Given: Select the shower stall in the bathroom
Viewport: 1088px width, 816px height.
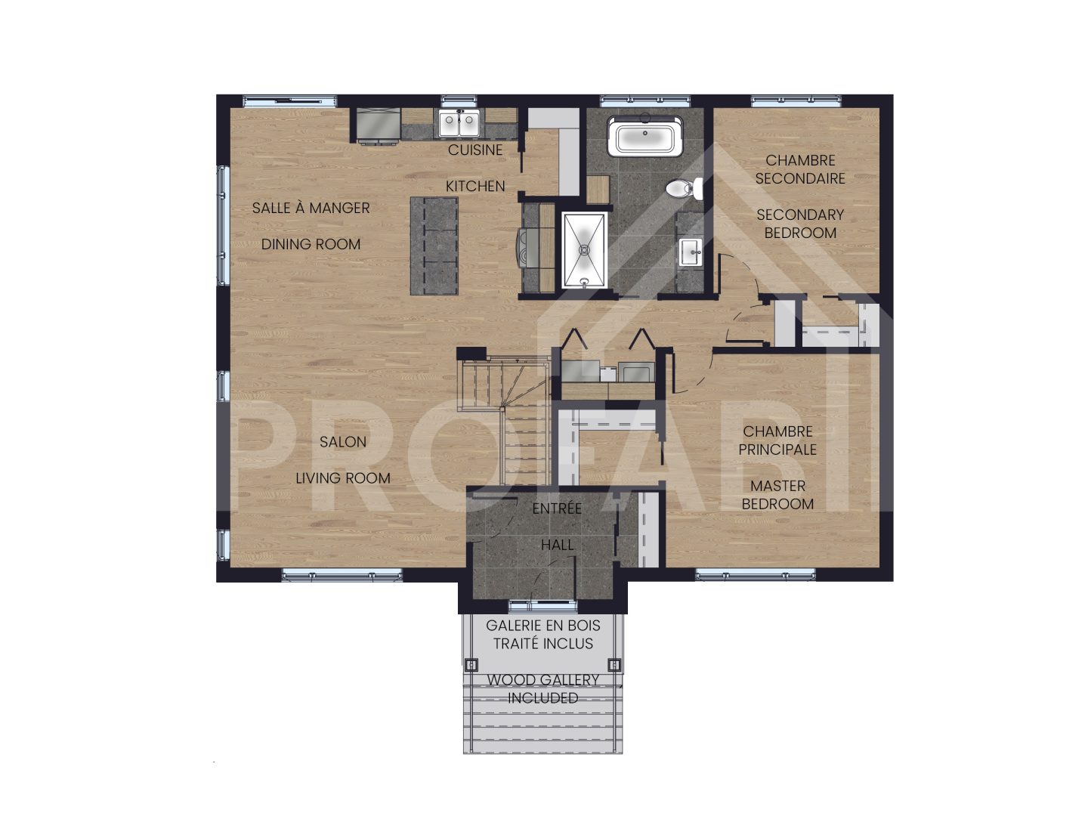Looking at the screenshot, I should tap(585, 249).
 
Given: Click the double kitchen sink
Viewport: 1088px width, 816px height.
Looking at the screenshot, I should tap(459, 123).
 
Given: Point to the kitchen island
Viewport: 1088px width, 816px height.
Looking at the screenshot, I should tap(434, 246).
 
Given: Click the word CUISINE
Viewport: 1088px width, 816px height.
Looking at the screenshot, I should tap(475, 150).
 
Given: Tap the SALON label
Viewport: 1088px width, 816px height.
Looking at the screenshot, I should tap(343, 442).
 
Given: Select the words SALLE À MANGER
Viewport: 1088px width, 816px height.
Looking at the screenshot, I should tap(311, 208).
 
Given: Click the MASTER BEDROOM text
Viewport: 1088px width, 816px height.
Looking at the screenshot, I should tap(777, 495).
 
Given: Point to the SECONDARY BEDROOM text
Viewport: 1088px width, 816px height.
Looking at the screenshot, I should tap(800, 224).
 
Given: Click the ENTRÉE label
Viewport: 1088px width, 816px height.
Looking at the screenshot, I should tap(557, 508).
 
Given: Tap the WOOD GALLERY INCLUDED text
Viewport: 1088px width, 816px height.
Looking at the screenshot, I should tap(542, 689).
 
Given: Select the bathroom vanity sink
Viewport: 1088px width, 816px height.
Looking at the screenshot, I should tap(690, 252).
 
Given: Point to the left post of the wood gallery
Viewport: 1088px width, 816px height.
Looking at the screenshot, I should tap(471, 665).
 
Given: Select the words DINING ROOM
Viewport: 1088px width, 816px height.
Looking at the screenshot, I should tap(311, 244).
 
